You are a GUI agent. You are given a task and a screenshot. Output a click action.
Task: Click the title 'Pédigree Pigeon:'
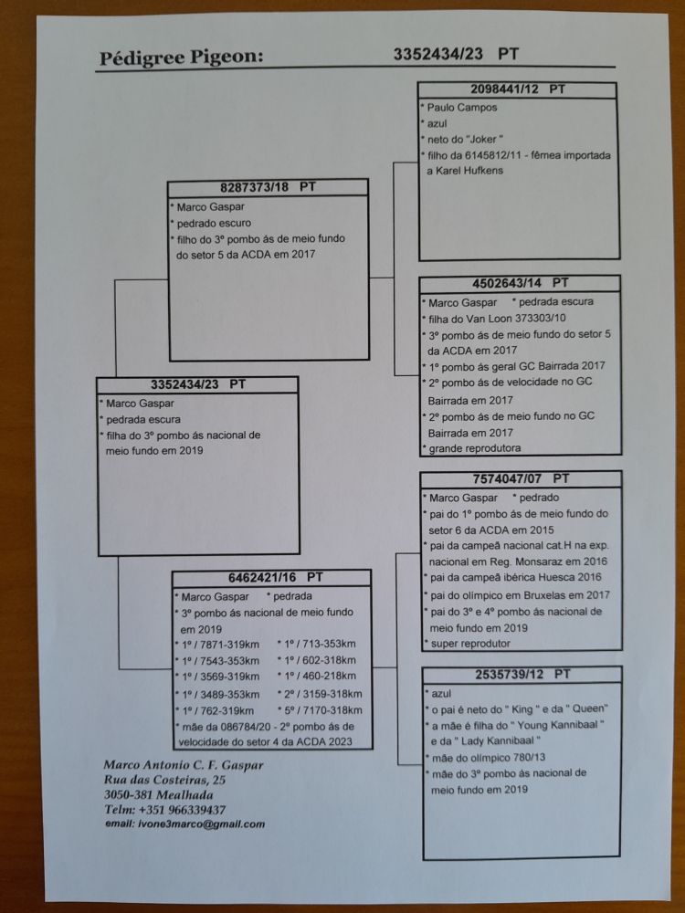(180, 58)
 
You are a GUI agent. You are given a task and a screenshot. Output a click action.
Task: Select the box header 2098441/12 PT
(517, 89)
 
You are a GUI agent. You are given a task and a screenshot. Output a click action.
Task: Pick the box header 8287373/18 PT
(267, 187)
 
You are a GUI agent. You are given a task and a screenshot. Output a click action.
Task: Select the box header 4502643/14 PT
(519, 284)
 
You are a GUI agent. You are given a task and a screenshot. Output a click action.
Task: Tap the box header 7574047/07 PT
(520, 478)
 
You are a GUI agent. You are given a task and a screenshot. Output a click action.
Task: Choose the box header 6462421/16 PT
(271, 577)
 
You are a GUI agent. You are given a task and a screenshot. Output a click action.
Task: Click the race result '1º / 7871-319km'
(220, 645)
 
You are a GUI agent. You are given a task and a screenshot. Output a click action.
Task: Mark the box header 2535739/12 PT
(520, 675)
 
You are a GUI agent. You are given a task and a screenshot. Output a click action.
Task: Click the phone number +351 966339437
(179, 809)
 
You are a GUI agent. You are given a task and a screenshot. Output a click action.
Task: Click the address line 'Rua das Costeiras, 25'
(165, 781)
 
